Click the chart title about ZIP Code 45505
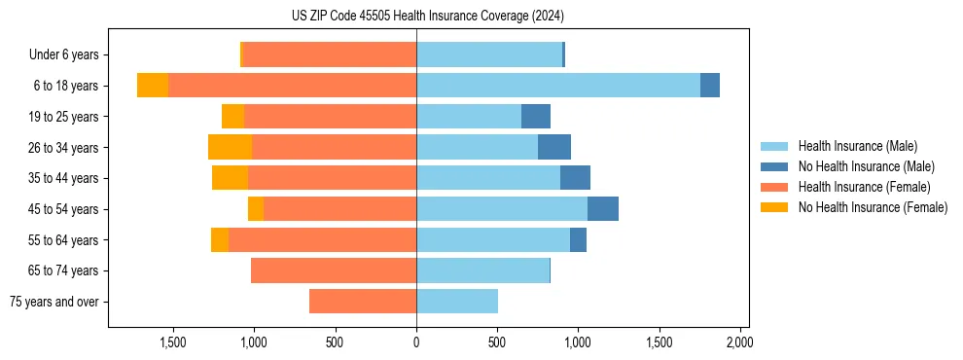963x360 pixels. [x=427, y=17]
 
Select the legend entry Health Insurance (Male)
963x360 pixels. [x=857, y=146]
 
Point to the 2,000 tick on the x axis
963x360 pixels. [x=739, y=342]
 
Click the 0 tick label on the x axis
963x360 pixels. [x=416, y=342]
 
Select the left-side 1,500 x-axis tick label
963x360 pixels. [x=173, y=342]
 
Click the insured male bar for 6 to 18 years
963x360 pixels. [x=558, y=86]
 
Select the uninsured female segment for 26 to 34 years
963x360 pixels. [x=231, y=147]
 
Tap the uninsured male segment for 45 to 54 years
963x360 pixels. [x=603, y=209]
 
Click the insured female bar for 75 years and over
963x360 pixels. [x=363, y=302]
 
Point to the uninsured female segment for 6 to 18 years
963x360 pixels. [x=153, y=86]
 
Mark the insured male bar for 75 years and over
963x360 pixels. [x=457, y=302]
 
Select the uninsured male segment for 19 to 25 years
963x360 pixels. [x=536, y=117]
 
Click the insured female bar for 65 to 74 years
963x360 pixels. [x=334, y=270]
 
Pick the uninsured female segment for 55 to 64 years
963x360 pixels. [x=220, y=239]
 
